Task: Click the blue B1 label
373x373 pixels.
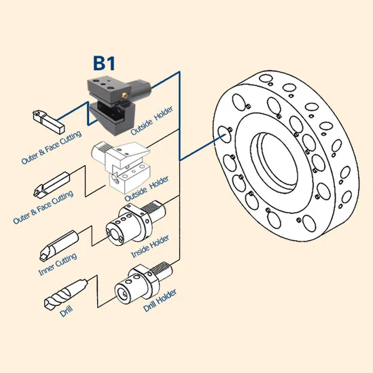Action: pyautogui.click(x=104, y=63)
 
